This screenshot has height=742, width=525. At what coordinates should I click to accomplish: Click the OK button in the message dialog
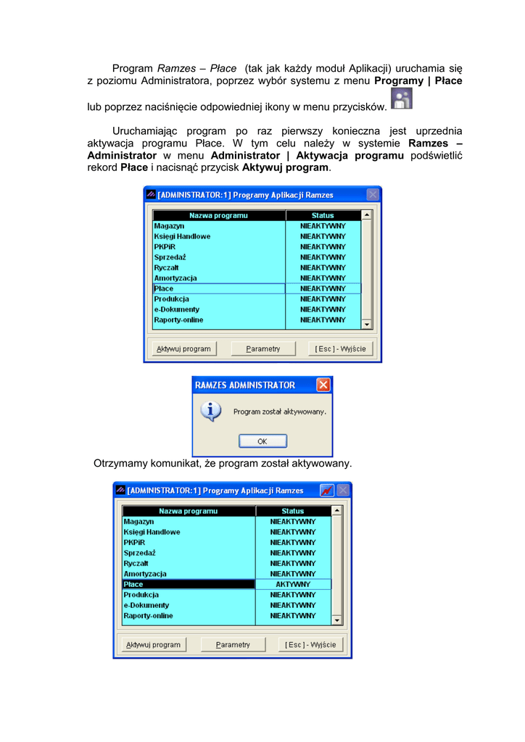coord(262,441)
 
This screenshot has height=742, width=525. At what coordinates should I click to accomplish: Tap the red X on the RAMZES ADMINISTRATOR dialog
coord(323,385)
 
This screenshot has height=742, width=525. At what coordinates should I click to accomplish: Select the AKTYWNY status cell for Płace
coord(293,584)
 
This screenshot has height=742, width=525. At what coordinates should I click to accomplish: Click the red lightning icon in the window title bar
coord(327,491)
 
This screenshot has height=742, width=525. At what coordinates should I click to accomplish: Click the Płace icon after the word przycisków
coord(401,99)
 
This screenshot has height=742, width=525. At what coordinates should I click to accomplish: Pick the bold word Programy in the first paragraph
coord(398,81)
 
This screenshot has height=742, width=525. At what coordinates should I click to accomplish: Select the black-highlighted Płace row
coord(189,584)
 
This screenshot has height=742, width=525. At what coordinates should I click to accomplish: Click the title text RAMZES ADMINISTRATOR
coord(245,385)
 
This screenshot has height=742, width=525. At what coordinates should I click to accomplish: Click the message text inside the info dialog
coord(279,412)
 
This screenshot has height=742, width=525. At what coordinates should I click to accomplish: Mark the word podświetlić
coord(437,156)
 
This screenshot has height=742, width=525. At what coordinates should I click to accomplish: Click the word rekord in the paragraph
coord(102,168)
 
